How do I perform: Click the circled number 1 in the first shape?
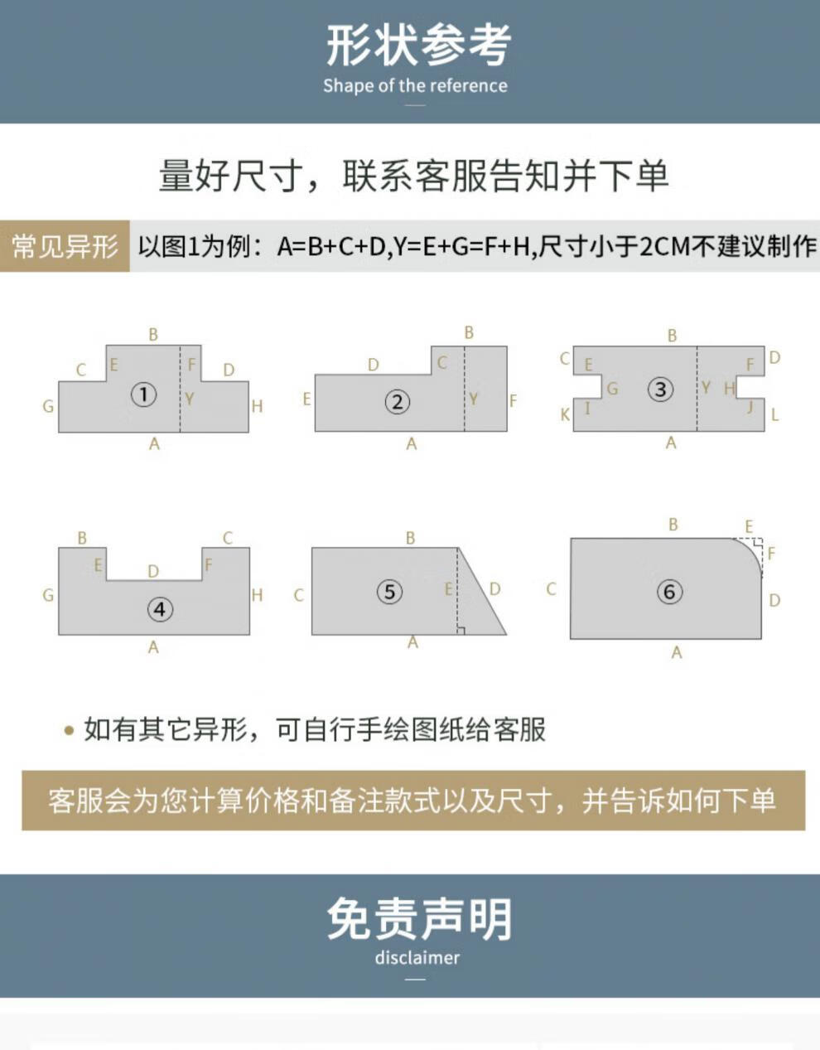coord(143,394)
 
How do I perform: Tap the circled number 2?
coord(398,402)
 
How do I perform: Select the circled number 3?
coord(660,389)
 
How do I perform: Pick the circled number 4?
coord(160,609)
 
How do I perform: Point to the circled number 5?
coord(390,592)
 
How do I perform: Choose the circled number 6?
coord(669,592)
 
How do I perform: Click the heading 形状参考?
coord(418,46)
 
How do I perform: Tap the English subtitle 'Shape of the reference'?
coord(415,85)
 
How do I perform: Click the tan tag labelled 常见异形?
coord(65,246)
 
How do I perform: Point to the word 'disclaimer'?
coord(417,957)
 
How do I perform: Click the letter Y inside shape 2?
coord(473,399)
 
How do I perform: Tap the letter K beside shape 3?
coord(565,414)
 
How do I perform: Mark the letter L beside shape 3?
coord(774,414)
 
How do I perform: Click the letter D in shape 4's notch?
coord(153,571)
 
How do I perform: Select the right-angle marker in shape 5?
coord(461,631)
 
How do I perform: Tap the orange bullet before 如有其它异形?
coord(69,730)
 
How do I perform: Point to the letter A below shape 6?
coord(677,653)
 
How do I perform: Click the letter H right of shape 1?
coord(257,406)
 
